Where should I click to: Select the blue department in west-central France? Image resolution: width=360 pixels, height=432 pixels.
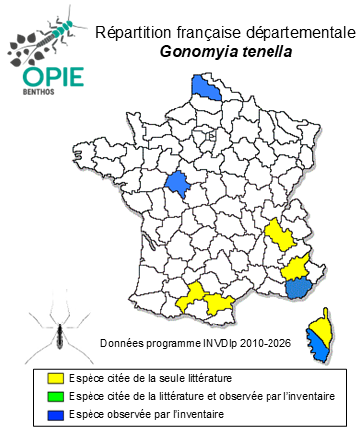click(178, 184)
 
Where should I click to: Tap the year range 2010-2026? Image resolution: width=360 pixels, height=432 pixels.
click(270, 343)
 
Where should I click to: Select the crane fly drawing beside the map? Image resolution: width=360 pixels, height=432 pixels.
click(55, 333)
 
